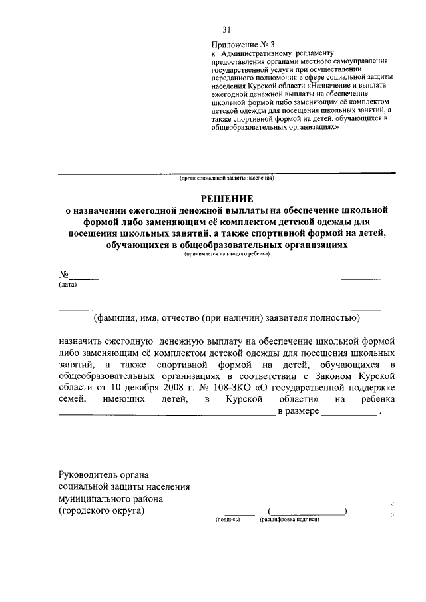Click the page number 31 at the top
point(226,29)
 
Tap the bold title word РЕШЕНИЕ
point(227,198)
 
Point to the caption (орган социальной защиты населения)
point(226,178)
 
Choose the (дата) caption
point(67,285)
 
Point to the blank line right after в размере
point(349,414)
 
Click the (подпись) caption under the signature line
point(228,519)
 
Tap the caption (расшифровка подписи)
point(290,519)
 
